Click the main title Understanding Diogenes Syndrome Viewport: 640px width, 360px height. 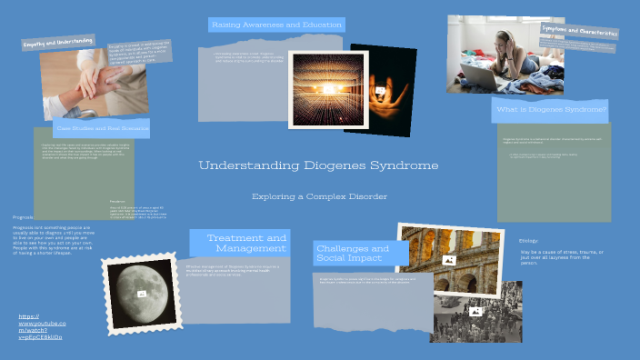318,166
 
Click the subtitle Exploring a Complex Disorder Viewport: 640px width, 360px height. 319,196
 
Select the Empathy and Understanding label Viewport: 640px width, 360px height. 59,42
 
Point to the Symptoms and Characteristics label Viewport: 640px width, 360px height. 579,31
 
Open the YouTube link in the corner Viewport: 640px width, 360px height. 41,326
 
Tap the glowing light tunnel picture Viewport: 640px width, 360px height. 315,88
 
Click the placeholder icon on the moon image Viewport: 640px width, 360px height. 142,294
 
